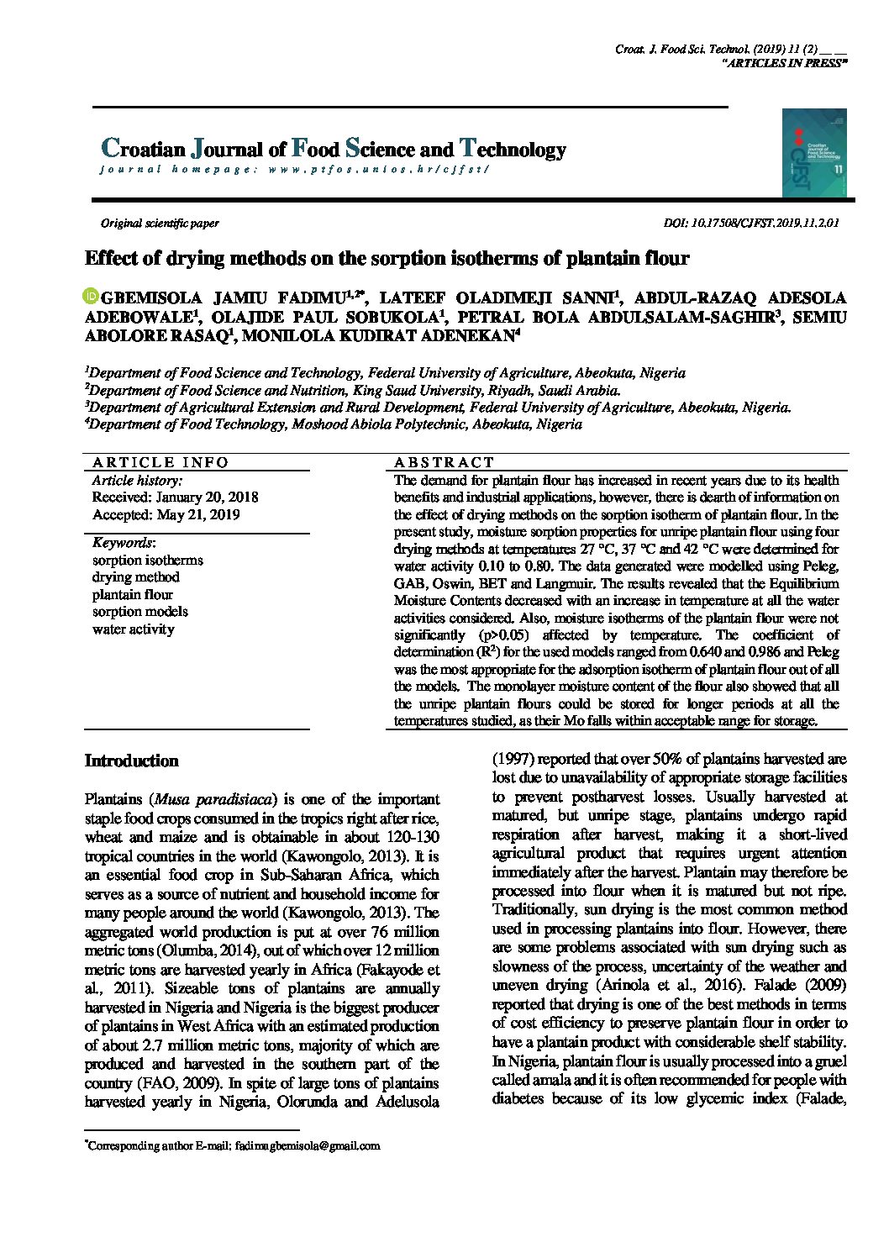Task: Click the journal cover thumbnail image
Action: coord(813,153)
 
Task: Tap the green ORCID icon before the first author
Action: coord(91,297)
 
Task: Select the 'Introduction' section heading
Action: coord(132,761)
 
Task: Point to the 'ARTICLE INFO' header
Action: coord(160,462)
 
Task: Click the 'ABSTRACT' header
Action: coord(444,462)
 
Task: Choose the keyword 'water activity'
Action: coord(134,629)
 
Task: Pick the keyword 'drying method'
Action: coord(136,577)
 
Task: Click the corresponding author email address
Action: coord(308,1145)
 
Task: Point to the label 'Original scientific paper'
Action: coord(160,224)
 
